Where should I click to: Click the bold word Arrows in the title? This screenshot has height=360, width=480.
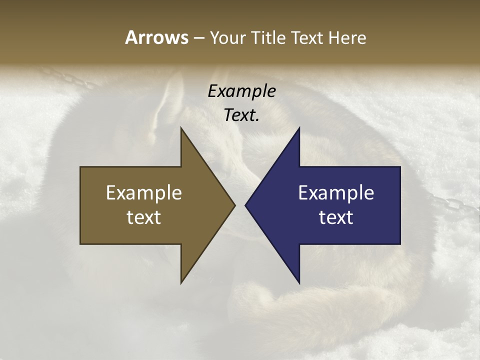pos(156,37)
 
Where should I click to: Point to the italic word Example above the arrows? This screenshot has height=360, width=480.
pos(241,91)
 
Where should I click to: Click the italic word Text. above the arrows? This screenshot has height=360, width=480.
pos(241,115)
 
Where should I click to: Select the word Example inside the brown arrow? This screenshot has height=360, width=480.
pos(144,193)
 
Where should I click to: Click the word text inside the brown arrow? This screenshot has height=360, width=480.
pos(144,217)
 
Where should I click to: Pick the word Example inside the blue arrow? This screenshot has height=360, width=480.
pos(336,193)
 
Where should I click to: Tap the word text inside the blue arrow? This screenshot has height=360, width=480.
pos(336,217)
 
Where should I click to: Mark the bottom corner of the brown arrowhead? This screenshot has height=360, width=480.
pos(181,282)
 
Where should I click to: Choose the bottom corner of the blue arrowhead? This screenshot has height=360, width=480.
pos(299,282)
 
